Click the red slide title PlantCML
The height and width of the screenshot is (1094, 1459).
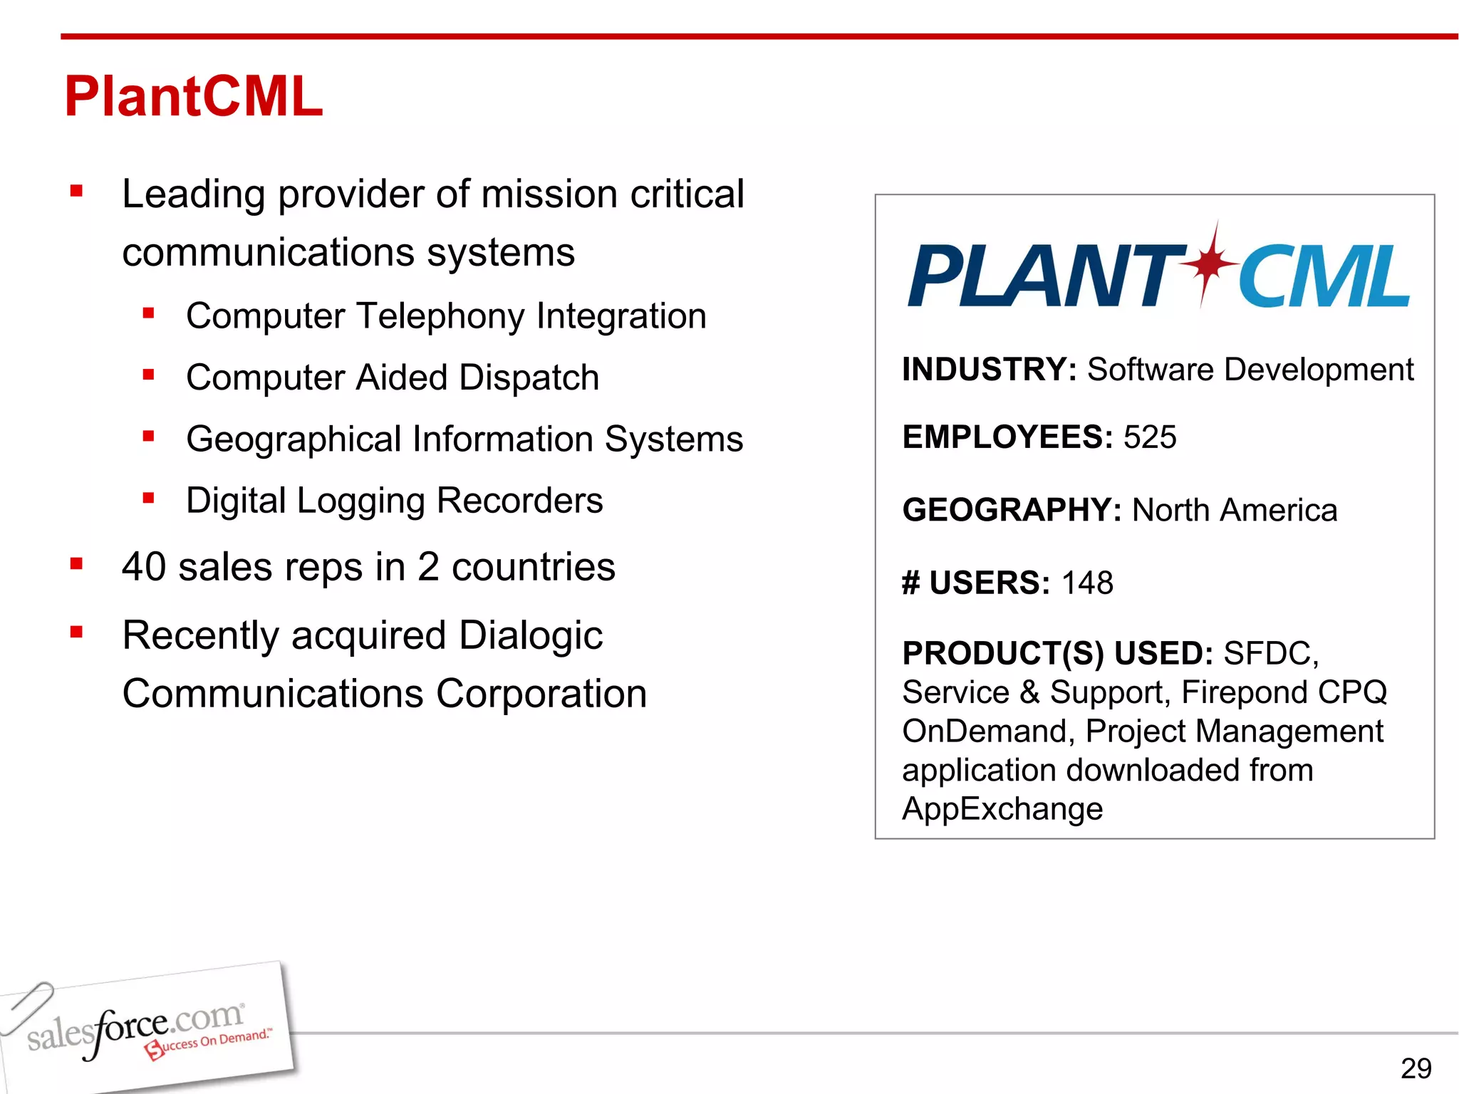pos(193,97)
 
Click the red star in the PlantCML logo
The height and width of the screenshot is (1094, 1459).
pos(1208,263)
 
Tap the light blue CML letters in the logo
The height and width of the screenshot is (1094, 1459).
pos(1324,276)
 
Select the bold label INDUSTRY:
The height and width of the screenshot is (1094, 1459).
pos(989,370)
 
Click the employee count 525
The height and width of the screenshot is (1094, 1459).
pos(1150,437)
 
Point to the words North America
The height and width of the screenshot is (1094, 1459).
pos(1234,510)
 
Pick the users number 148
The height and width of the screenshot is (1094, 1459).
pos(1087,583)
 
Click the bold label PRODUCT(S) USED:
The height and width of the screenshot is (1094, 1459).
pos(1057,653)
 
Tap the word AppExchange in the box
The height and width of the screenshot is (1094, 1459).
pos(1002,809)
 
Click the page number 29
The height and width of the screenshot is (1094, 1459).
pos(1416,1068)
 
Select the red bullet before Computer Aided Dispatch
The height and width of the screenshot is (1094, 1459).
pos(148,375)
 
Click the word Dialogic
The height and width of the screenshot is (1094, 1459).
pos(531,635)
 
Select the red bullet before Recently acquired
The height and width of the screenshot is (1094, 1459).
pos(77,632)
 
